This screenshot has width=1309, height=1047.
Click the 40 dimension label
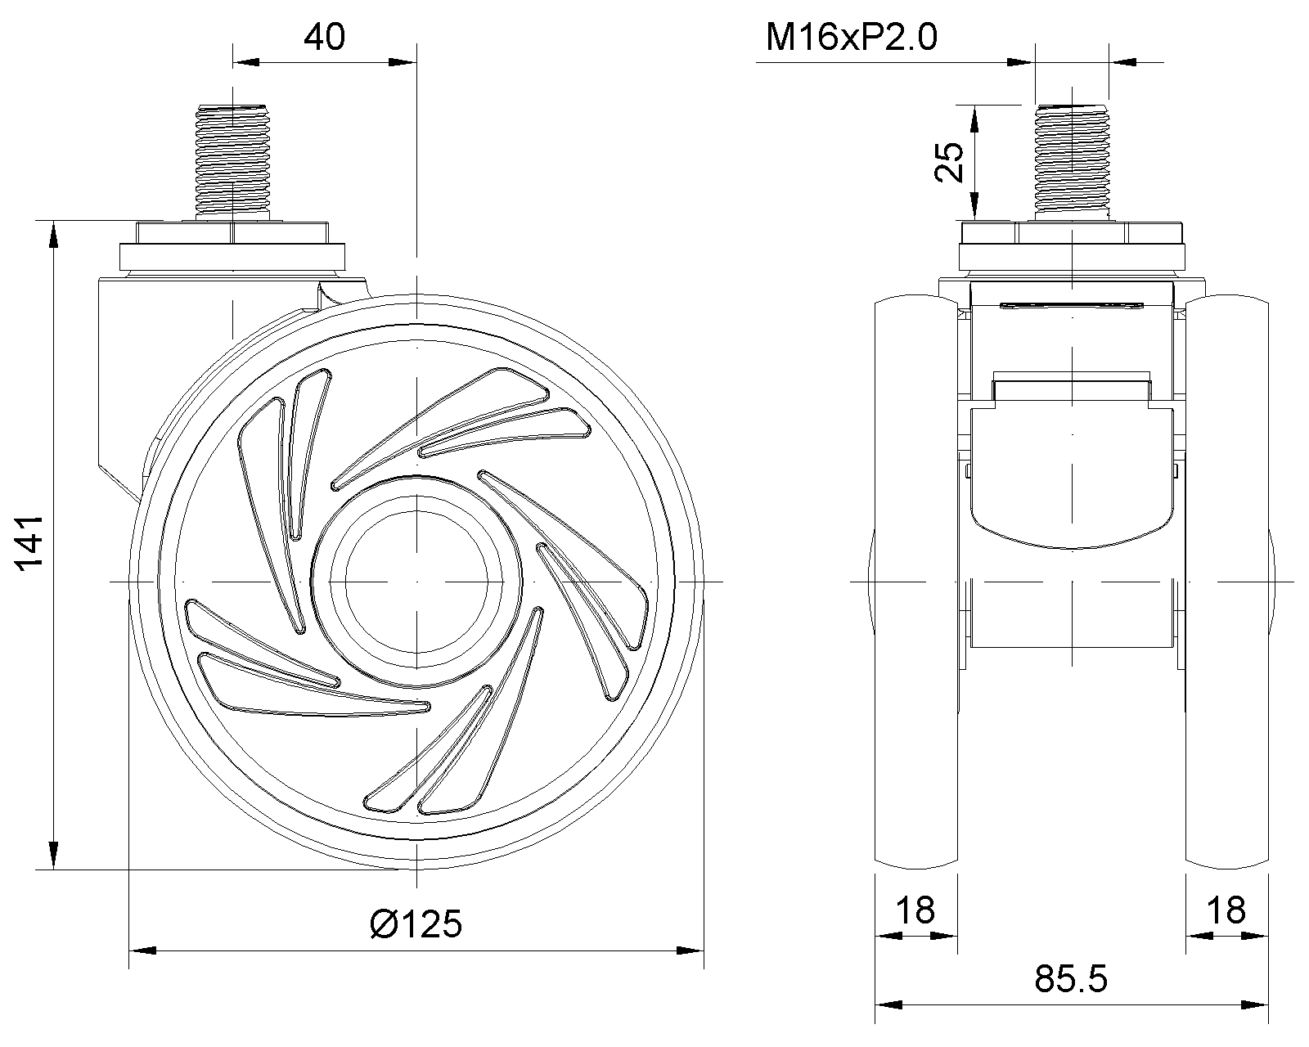324,37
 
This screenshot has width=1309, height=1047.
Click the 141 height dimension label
29,543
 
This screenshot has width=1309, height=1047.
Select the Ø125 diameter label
416,924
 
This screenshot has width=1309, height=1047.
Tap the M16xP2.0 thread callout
851,37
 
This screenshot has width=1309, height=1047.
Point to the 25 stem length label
949,162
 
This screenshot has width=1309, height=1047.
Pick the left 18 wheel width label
915,910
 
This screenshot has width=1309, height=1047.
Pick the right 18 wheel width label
1226,910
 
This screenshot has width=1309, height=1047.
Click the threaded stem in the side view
232,162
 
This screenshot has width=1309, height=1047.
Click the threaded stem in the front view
1072,162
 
